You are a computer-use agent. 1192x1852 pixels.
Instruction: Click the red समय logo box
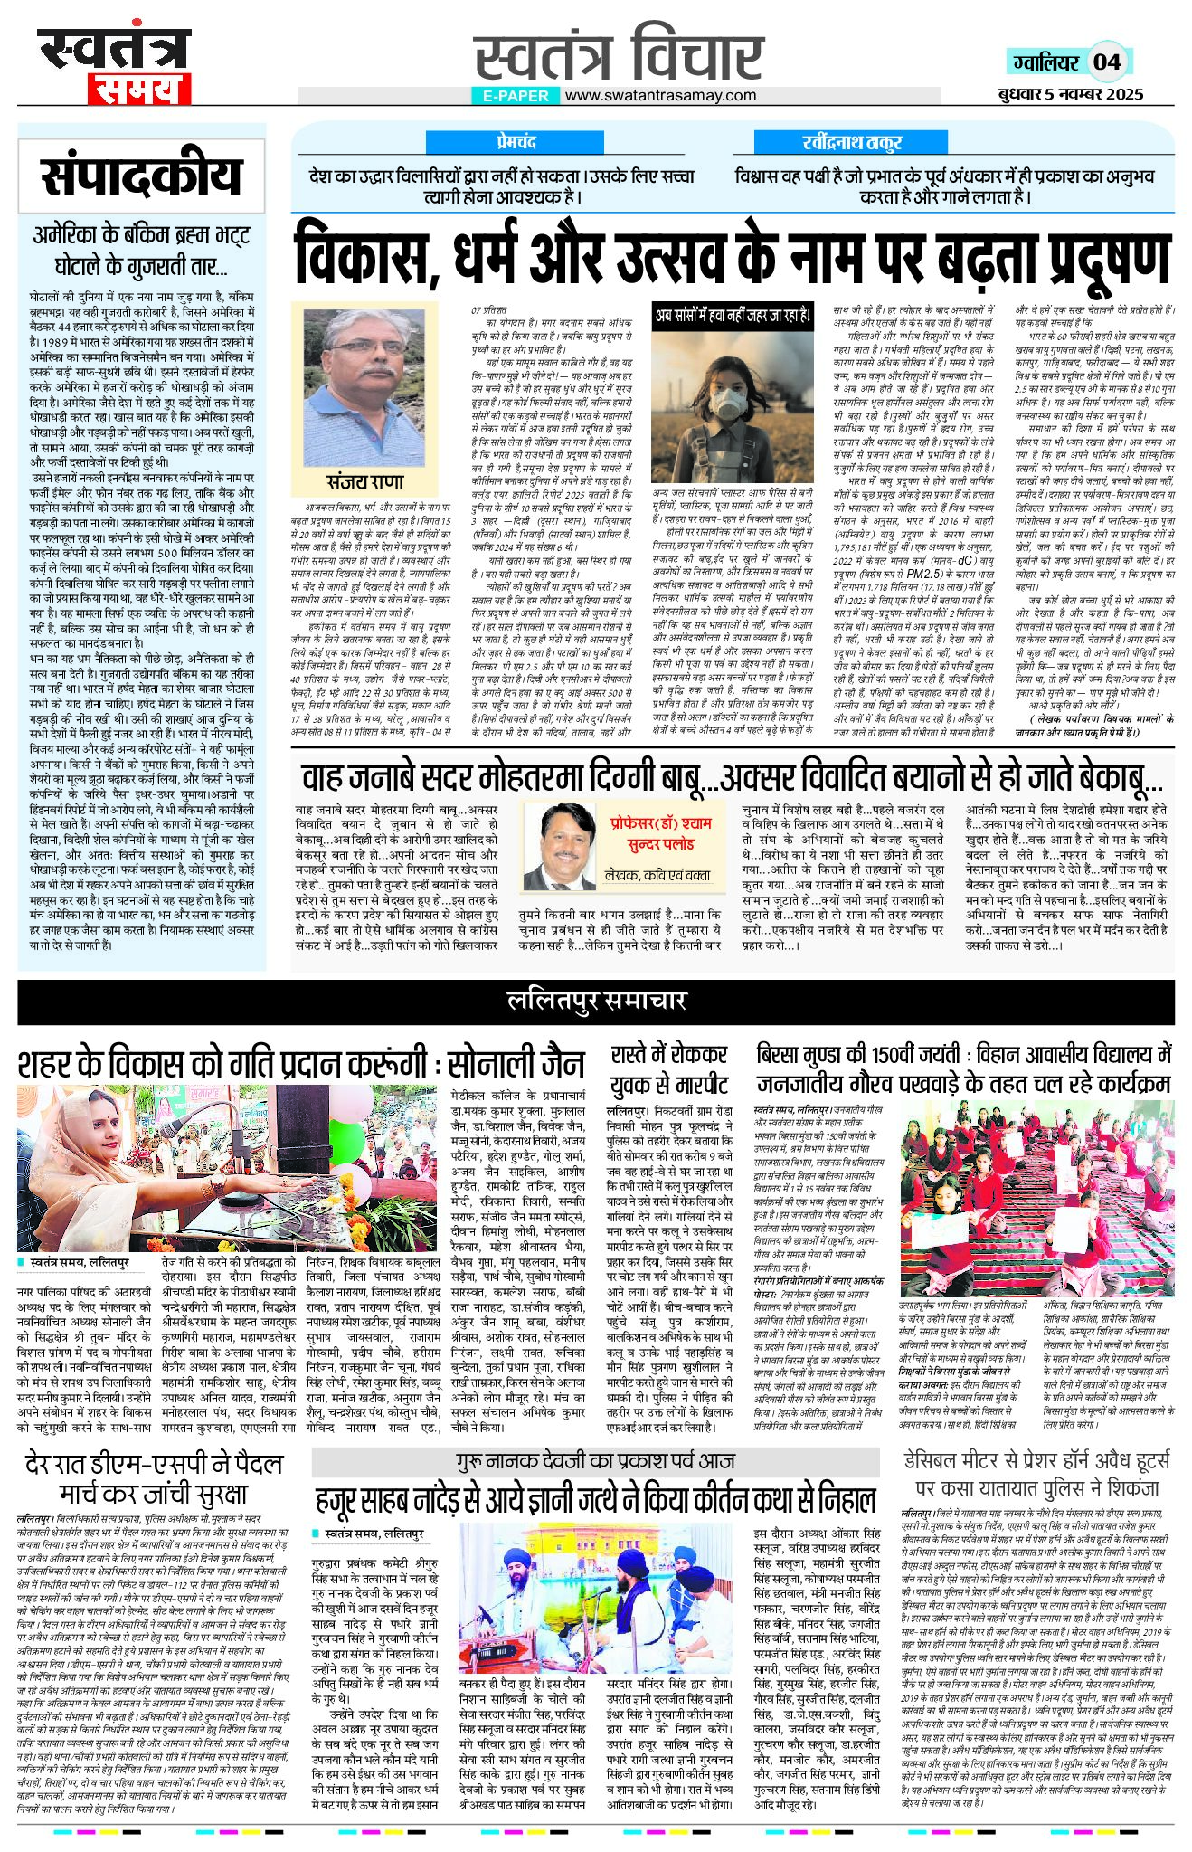[x=137, y=89]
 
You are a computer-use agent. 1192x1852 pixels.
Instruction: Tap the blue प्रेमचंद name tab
[x=516, y=143]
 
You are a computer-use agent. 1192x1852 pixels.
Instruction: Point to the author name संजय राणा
[x=365, y=481]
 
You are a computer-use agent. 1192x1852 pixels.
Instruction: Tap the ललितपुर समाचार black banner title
[x=596, y=1000]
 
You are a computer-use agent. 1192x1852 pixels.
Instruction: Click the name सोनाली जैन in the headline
[x=513, y=1062]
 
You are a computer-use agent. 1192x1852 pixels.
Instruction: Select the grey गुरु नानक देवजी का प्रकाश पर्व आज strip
[x=595, y=1461]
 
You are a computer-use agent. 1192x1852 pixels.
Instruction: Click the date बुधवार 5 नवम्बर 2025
[x=1071, y=94]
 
